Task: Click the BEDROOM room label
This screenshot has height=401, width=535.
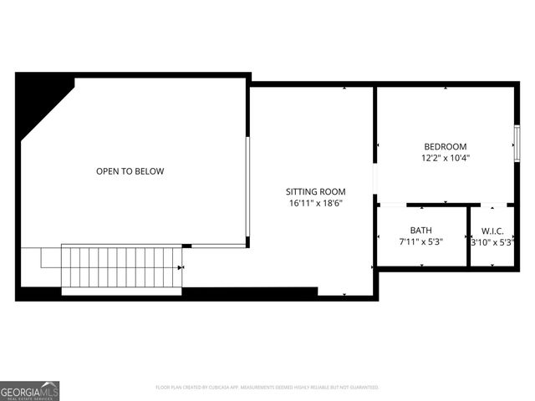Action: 445,146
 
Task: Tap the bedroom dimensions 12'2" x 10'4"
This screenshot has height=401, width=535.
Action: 445,158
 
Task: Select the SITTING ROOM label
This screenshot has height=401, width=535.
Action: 315,191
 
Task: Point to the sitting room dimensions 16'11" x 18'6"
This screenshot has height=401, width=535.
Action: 315,203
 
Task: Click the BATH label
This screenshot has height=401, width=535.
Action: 420,230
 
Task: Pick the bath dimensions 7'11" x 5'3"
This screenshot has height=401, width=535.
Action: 420,241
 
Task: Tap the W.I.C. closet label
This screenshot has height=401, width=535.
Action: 492,230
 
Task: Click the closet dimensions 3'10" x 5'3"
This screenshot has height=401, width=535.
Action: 492,242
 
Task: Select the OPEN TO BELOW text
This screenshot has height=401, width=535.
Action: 130,171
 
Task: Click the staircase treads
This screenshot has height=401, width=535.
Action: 121,267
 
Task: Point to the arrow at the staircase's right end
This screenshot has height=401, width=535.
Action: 182,267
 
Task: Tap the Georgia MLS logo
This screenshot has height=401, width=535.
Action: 29,390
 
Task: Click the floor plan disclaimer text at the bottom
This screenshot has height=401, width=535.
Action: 267,388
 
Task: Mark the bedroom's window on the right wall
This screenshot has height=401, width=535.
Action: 517,144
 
